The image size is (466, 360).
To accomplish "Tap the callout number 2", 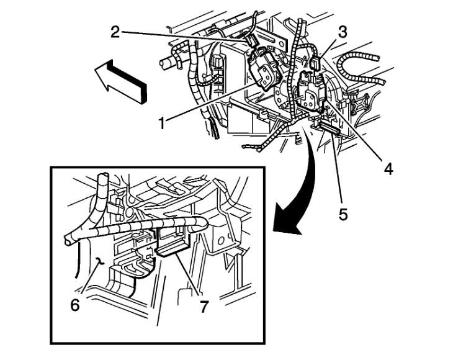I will [x=115, y=32].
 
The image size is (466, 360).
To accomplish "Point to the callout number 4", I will [x=388, y=168].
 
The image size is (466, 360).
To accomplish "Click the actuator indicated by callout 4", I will [x=310, y=90].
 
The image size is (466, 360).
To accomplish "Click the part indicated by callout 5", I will [x=328, y=128].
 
